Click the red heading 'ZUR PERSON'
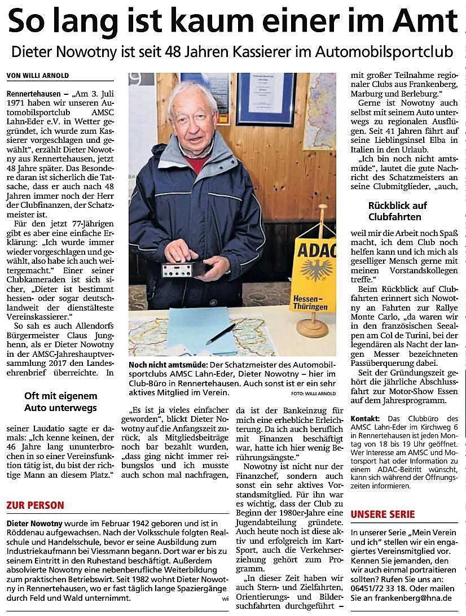coord(35,505)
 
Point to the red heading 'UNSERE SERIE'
coord(383,514)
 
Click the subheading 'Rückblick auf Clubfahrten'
coord(397,211)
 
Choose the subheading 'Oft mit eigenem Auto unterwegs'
coord(60,401)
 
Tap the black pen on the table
coord(221,333)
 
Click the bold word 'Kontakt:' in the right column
coord(365,418)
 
